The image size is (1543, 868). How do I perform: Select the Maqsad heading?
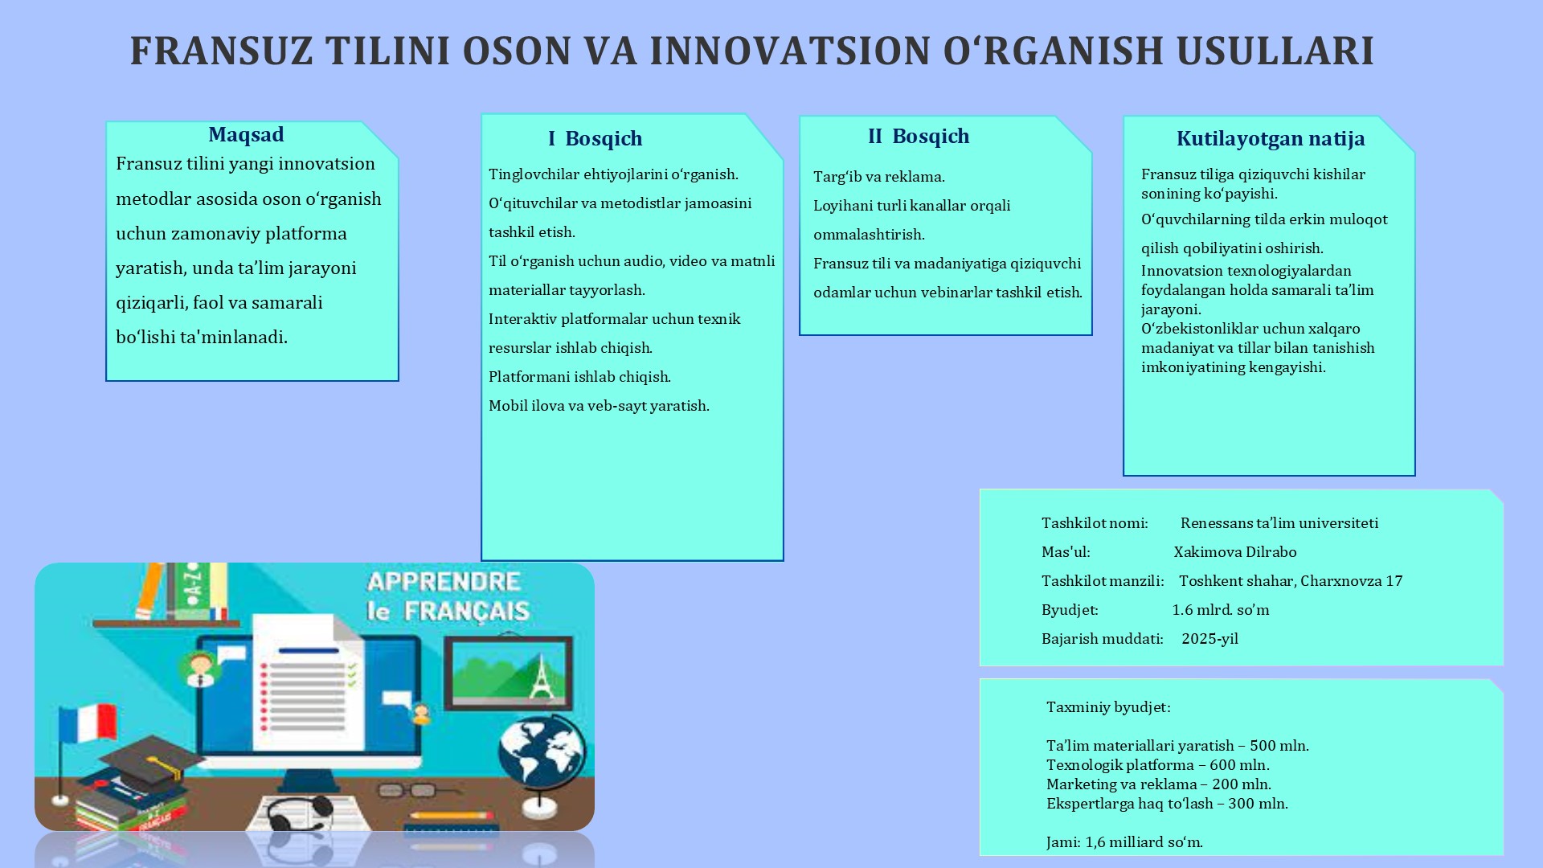tap(246, 135)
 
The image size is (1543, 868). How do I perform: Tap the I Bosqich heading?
tap(596, 139)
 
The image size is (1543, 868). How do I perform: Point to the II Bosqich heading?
tap(919, 137)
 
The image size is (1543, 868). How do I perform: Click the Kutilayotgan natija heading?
tap(1271, 139)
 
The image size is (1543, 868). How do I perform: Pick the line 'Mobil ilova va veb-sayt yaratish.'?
tap(599, 406)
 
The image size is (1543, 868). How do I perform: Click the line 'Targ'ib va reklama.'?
tap(879, 177)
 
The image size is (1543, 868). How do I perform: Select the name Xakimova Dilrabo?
tap(1235, 552)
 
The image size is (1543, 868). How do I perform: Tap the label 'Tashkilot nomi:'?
tap(1095, 523)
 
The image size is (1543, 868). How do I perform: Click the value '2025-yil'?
tap(1209, 639)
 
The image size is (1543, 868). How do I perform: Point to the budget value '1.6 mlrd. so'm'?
tap(1221, 610)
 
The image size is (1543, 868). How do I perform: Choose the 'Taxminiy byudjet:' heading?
tap(1108, 707)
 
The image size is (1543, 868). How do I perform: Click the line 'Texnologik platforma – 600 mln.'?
tap(1158, 765)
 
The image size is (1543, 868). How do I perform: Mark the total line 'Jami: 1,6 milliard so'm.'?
tap(1124, 842)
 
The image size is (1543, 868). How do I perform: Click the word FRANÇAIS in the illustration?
tap(466, 612)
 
